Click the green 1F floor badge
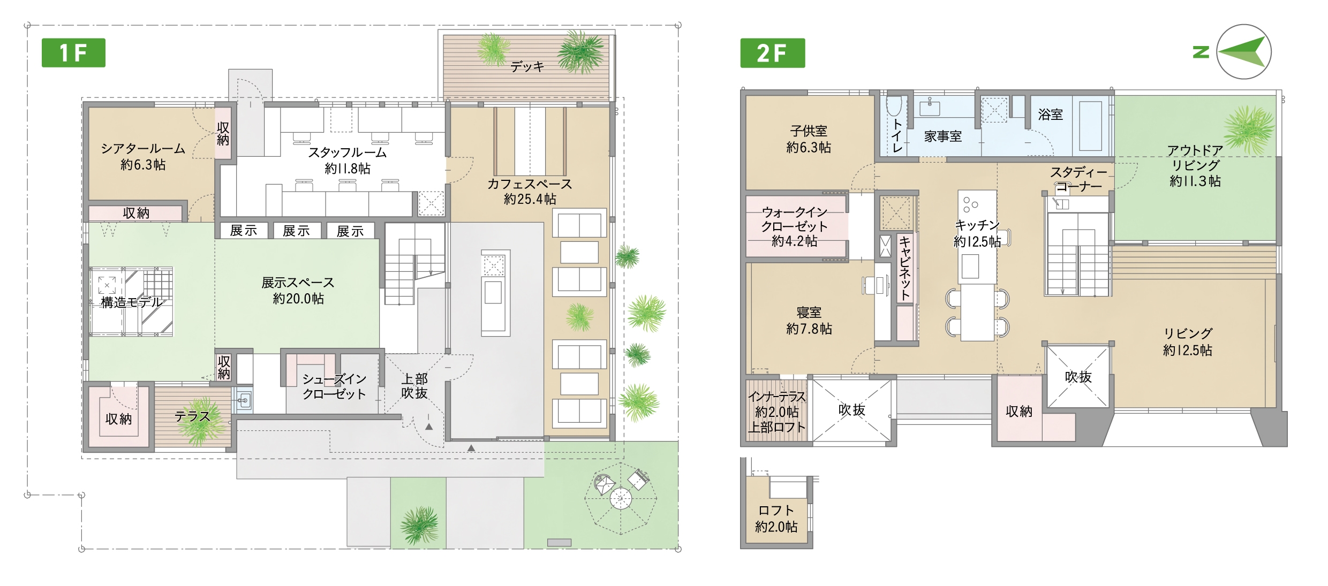click(x=73, y=52)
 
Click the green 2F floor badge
click(x=772, y=52)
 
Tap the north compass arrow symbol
click(x=1243, y=52)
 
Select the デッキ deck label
click(x=527, y=66)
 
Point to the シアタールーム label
click(x=143, y=148)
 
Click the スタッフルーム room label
click(x=347, y=153)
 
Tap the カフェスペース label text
click(x=530, y=184)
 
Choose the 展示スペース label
click(x=298, y=283)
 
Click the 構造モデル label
click(x=132, y=302)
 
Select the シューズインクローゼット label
click(x=334, y=386)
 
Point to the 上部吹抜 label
click(x=414, y=386)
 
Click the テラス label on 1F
click(x=192, y=416)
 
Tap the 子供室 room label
click(x=809, y=131)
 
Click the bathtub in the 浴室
click(x=1090, y=125)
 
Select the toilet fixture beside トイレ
click(x=894, y=106)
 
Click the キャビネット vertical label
click(x=905, y=268)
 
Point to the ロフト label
click(x=776, y=511)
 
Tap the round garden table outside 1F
click(x=621, y=499)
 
